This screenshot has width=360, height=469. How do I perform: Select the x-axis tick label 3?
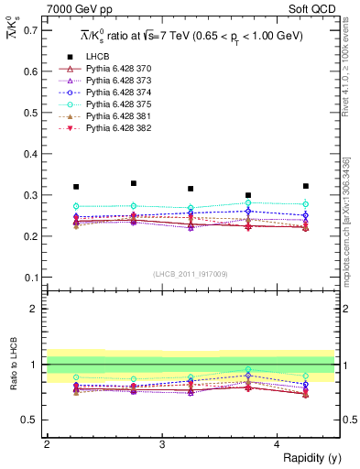[x=162, y=444]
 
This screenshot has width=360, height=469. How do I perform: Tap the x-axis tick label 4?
[x=278, y=444]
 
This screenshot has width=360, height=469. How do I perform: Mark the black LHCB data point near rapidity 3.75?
[x=248, y=195]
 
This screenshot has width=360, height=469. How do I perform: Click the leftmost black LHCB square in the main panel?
[x=76, y=187]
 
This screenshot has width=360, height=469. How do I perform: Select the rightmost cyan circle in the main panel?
[x=306, y=204]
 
